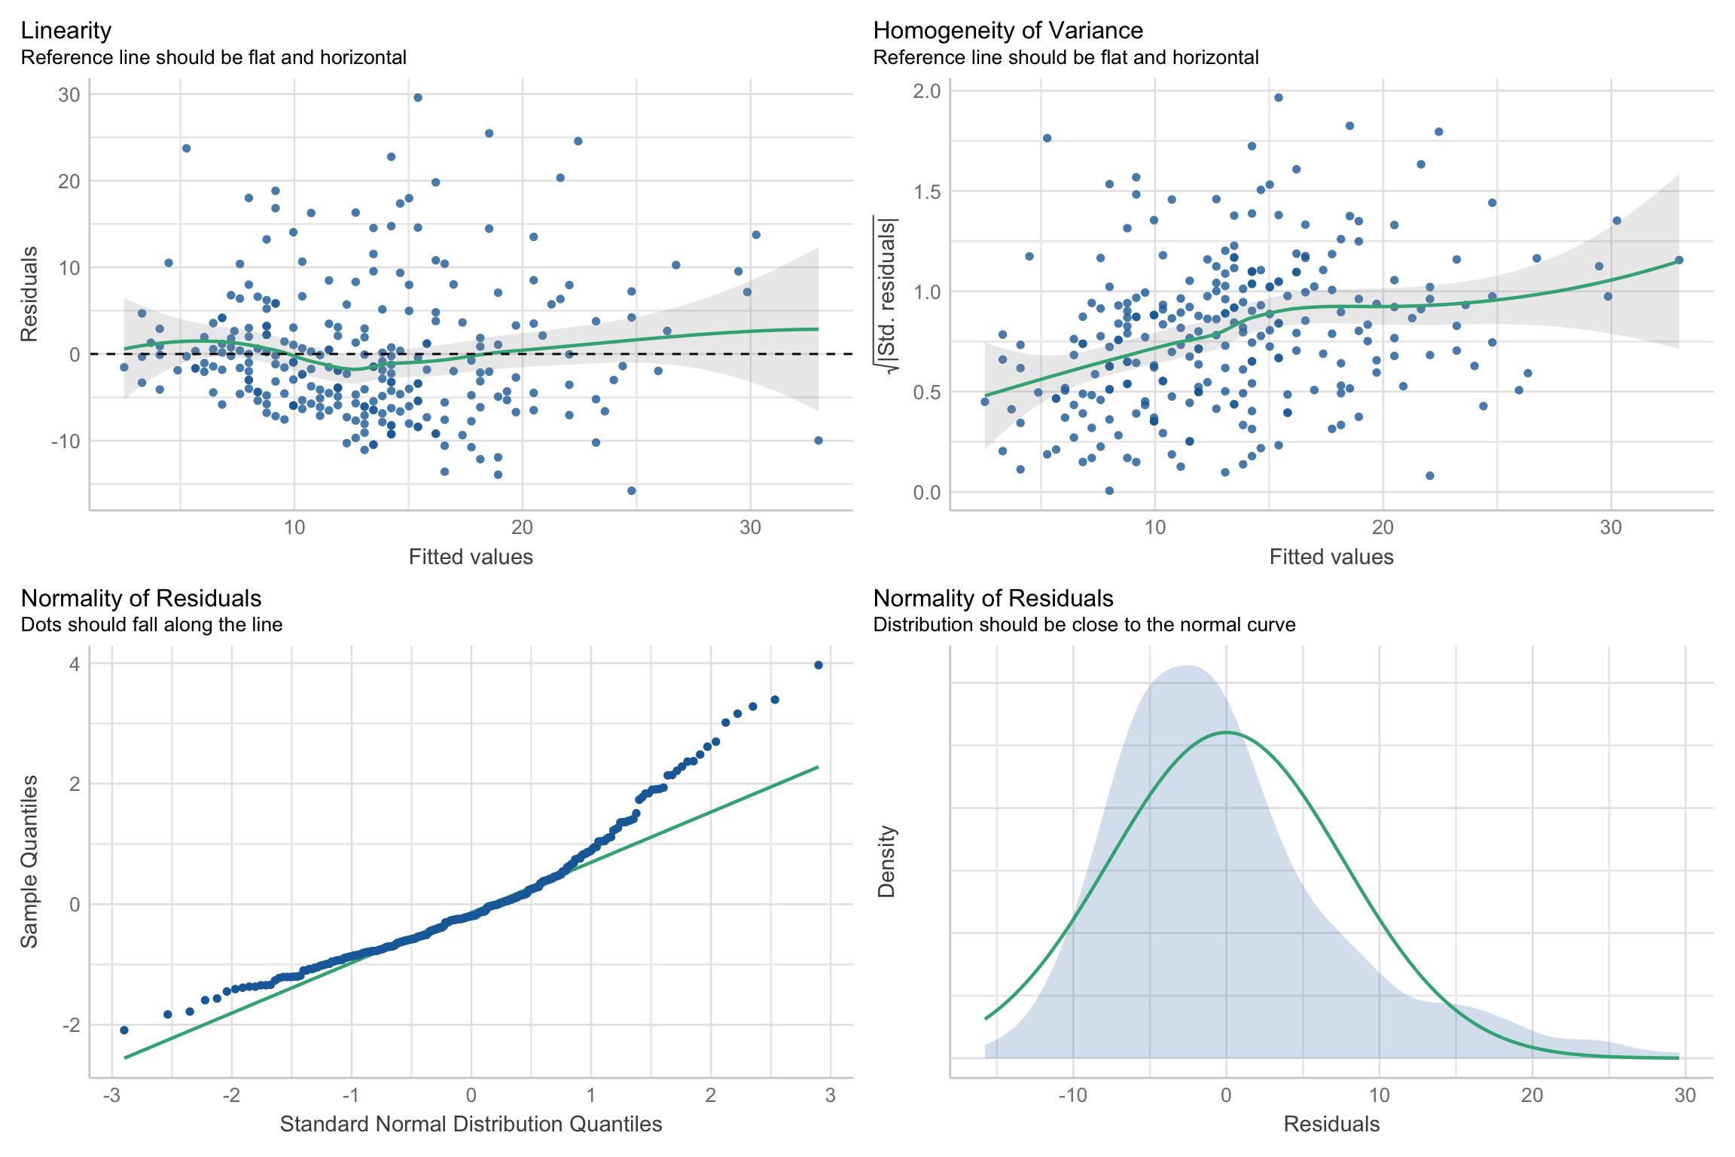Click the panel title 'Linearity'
pos(66,30)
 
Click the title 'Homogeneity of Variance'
pos(1008,30)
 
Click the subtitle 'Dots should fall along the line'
pos(151,624)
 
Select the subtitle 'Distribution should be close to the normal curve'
pos(1084,624)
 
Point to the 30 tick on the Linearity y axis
pos(69,95)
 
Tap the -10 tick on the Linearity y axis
pos(66,441)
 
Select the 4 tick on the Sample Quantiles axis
pos(75,664)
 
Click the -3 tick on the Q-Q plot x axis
pos(111,1095)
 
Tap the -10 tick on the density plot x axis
pos(1072,1095)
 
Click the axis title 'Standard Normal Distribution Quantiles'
pos(471,1125)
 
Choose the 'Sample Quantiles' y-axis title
pos(29,862)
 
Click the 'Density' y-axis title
pos(886,862)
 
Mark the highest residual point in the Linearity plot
pos(418,98)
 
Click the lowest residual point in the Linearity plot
pos(632,491)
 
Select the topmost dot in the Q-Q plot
pos(819,665)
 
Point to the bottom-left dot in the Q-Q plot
pos(124,1030)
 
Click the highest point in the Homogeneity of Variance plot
pos(1279,98)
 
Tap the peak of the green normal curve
pos(1226,732)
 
